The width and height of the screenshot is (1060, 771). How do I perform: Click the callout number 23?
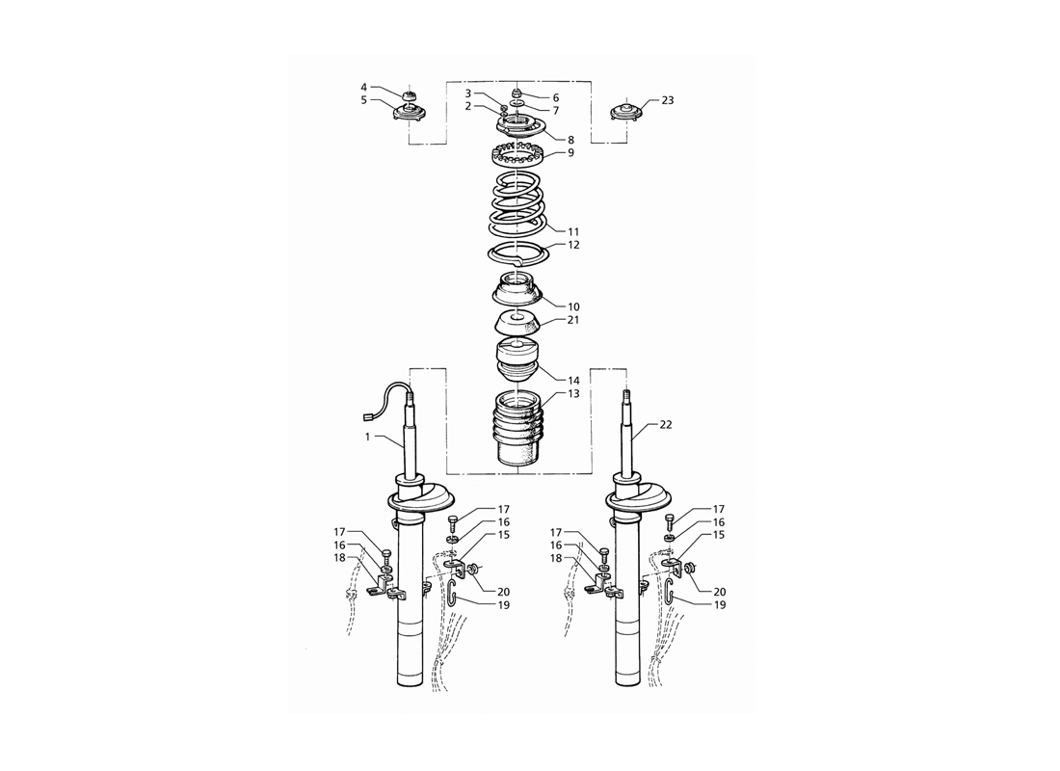coord(667,100)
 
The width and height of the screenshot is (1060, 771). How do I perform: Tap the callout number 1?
coord(368,437)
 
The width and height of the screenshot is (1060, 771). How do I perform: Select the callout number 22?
coord(666,425)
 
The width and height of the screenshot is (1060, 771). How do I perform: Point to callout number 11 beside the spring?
coord(573,232)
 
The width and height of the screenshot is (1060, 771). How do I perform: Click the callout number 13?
coord(573,393)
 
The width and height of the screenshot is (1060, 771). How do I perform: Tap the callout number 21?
coord(573,320)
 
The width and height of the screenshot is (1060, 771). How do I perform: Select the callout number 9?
coord(570,153)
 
